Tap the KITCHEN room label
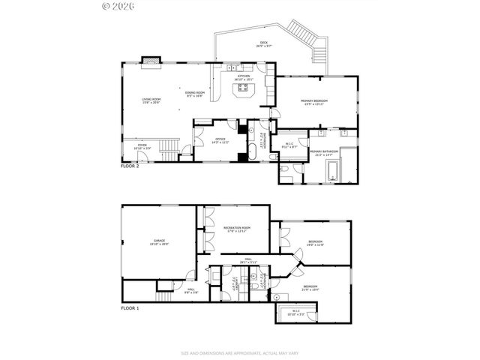(244, 77)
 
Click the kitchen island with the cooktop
(244, 91)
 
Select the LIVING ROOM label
(152, 101)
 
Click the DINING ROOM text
(195, 94)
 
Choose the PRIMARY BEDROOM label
(316, 102)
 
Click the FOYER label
(142, 147)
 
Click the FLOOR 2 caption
(130, 166)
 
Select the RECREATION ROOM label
(236, 229)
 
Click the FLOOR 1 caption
(130, 308)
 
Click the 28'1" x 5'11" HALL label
(249, 262)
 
